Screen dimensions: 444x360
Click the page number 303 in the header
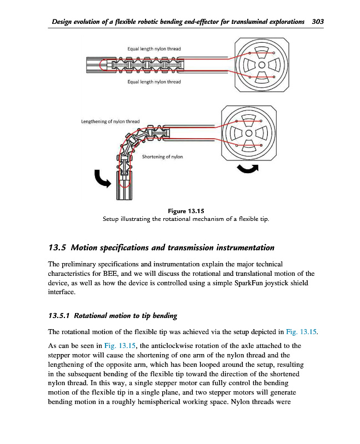pos(318,22)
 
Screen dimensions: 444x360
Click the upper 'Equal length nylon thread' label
pos(154,49)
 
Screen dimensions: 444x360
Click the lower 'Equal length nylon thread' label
pos(154,82)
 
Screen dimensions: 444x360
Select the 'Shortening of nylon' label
pos(162,157)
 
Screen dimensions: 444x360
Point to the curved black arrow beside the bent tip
pos(102,178)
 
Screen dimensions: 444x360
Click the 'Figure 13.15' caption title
pos(186,211)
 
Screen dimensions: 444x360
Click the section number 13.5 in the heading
pos(58,247)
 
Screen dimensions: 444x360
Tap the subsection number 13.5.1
pos(59,316)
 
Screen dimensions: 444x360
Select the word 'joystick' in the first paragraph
pos(288,282)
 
